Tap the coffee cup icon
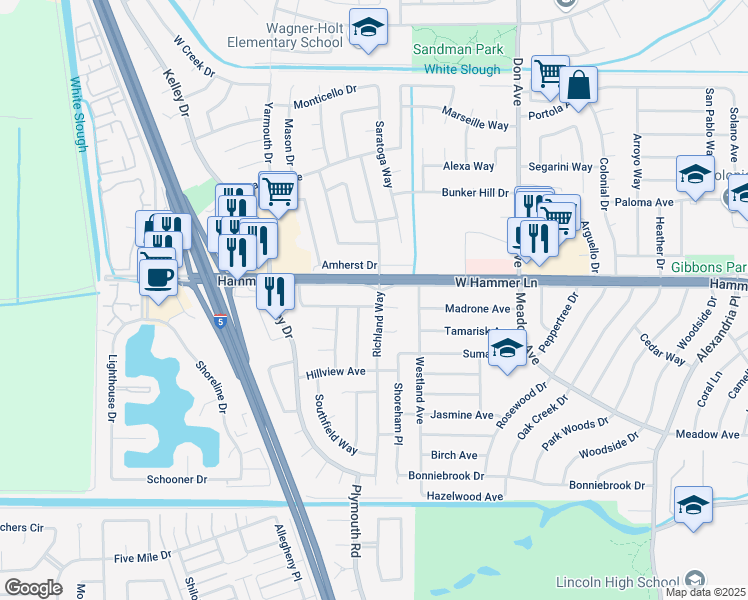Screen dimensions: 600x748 [158, 274]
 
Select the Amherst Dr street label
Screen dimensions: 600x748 [349, 266]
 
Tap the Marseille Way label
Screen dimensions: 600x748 [476, 125]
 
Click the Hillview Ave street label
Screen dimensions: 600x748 [335, 372]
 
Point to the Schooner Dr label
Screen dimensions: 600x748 [174, 480]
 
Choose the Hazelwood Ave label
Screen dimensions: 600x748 [465, 496]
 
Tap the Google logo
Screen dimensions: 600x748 [33, 587]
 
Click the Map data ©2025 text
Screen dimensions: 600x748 [705, 592]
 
